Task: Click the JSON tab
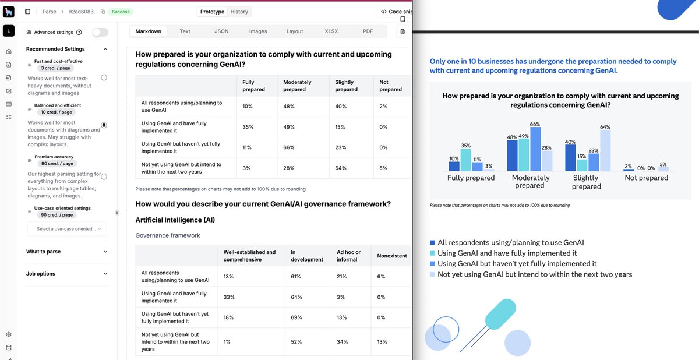click(x=221, y=31)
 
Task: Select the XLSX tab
click(x=331, y=31)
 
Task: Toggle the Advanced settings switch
click(x=100, y=33)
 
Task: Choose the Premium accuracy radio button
click(x=104, y=176)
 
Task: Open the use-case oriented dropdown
click(x=67, y=229)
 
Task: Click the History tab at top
click(x=239, y=12)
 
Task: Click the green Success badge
click(x=121, y=12)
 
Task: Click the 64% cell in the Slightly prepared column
click(x=341, y=168)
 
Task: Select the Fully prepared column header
click(x=253, y=86)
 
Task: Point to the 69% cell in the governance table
click(x=296, y=317)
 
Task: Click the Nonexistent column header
click(x=391, y=256)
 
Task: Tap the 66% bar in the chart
click(x=535, y=149)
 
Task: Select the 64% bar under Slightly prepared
click(x=605, y=150)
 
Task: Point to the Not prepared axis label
click(x=646, y=178)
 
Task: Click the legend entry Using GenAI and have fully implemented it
click(x=507, y=253)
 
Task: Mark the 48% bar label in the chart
click(x=512, y=137)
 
